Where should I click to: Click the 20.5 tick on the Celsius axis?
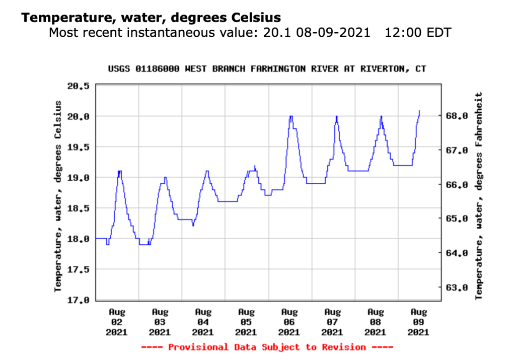tap(78, 86)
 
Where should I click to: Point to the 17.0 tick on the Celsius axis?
tap(78, 300)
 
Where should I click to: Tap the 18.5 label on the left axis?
tap(78, 208)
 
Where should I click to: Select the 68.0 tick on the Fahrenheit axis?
tap(459, 116)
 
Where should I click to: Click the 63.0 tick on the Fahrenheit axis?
tap(459, 288)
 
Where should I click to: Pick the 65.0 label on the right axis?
tap(459, 219)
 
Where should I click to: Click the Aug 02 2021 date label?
tap(117, 322)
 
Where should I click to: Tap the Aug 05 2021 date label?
tap(246, 322)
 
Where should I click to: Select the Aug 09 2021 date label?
tap(419, 322)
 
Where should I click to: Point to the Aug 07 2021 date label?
tap(332, 322)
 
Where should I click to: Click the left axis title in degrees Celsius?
tap(58, 195)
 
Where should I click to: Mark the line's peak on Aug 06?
tap(290, 116)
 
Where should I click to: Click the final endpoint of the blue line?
tap(419, 111)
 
